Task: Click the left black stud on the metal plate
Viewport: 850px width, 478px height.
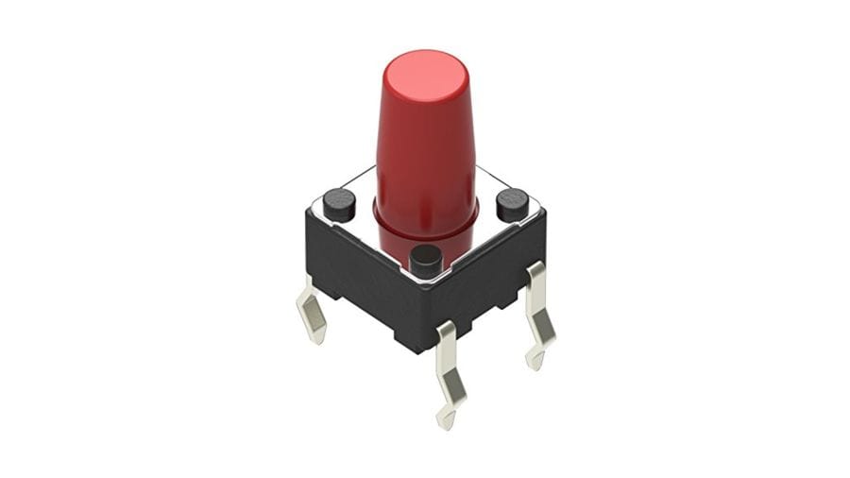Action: [338, 202]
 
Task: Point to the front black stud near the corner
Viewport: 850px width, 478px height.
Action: [426, 259]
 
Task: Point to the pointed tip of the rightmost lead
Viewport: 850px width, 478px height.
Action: [534, 362]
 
